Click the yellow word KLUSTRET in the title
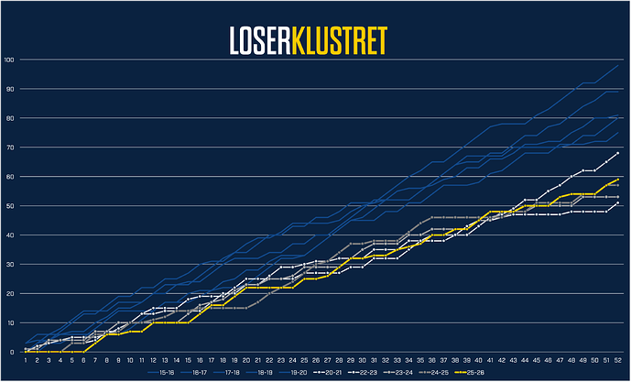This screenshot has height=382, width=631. [336, 40]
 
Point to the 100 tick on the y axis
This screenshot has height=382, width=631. [9, 60]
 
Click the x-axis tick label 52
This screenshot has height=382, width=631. [618, 361]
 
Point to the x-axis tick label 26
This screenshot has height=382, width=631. [315, 361]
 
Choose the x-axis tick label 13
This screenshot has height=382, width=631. [164, 361]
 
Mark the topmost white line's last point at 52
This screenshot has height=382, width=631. [618, 153]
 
